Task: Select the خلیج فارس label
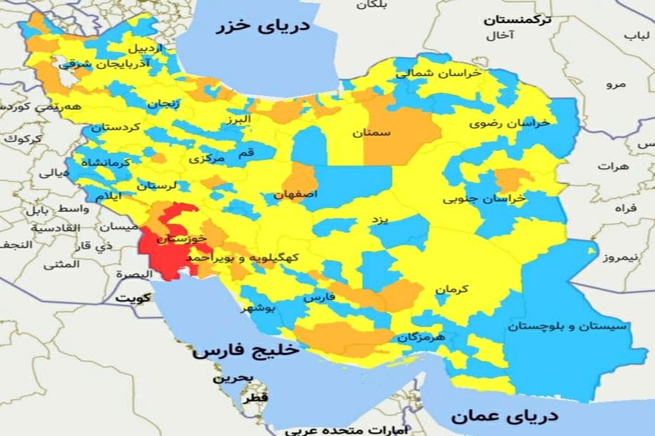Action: pos(245,350)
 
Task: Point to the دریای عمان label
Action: pos(505,416)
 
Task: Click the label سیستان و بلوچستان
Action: pos(568,326)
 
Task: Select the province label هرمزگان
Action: pos(421,338)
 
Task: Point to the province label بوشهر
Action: pos(260,309)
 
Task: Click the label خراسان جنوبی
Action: pos(484,199)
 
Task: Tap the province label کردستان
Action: pos(116,128)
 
